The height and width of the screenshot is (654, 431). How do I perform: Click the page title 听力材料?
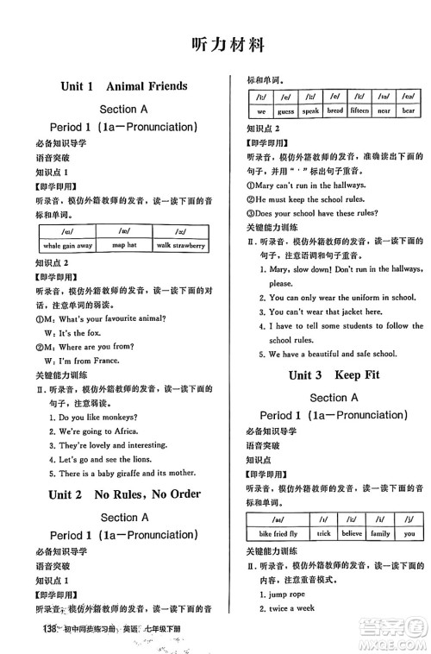[216, 44]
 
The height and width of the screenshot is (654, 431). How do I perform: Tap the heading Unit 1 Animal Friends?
[124, 86]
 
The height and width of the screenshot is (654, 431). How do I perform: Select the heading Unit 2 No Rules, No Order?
[124, 494]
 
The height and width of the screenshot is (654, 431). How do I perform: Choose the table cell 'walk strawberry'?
[180, 246]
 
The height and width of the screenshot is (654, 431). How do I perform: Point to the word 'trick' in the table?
[323, 534]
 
